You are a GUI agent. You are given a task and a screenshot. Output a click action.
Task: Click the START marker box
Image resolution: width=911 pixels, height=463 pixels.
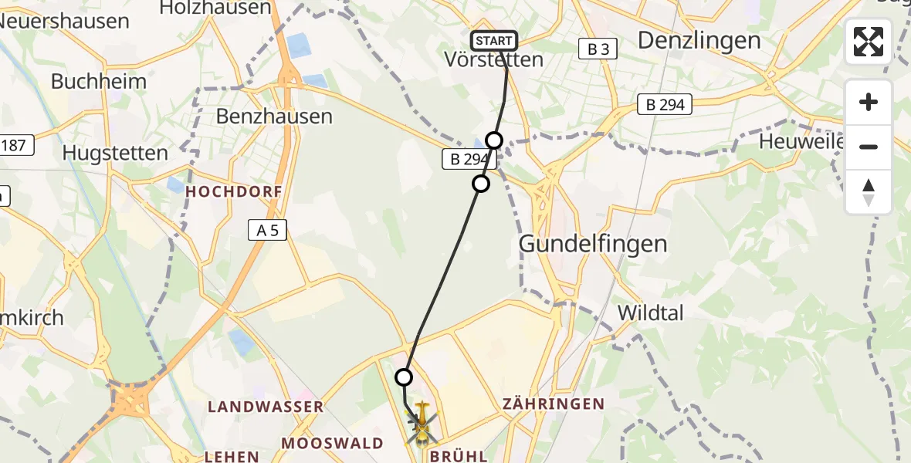[x=493, y=41]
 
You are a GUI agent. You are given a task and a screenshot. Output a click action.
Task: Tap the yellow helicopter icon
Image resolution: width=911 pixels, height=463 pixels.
[x=422, y=423]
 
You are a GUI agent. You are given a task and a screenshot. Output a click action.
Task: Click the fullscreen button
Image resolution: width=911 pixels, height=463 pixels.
[x=869, y=42]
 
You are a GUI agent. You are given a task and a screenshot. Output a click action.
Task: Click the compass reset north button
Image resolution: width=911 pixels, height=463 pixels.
[x=869, y=192]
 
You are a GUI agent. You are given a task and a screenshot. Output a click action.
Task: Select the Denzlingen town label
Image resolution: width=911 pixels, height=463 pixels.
[x=699, y=40]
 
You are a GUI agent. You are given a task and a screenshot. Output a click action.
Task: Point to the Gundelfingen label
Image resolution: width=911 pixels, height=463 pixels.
[x=593, y=244]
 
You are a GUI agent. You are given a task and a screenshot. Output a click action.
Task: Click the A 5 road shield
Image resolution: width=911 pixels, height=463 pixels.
[x=267, y=229]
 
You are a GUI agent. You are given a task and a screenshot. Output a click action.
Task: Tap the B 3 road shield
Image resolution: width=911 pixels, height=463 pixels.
[x=598, y=49]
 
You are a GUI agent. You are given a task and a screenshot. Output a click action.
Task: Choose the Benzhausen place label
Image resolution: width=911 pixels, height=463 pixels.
[x=274, y=117]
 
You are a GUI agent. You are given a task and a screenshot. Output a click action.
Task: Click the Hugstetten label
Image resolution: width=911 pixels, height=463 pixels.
[x=115, y=153]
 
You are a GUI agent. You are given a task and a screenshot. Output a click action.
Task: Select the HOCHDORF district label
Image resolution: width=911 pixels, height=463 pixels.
[x=232, y=191]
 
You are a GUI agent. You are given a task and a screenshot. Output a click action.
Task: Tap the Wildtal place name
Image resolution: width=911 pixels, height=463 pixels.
[x=652, y=313]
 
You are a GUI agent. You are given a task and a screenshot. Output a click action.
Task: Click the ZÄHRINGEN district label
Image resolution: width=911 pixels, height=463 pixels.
[x=553, y=404]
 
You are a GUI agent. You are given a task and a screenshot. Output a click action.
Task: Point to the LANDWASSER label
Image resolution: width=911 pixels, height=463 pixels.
[x=266, y=407]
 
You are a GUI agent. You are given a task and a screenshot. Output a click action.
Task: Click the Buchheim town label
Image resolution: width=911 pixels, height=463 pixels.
[x=88, y=81]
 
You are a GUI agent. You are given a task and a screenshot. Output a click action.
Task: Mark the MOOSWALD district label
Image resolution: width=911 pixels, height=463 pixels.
[x=333, y=443]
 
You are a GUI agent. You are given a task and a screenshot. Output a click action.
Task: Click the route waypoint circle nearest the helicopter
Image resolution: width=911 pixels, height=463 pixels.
[x=404, y=377]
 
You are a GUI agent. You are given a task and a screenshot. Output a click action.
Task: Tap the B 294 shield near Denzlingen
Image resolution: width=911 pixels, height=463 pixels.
[x=665, y=105]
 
